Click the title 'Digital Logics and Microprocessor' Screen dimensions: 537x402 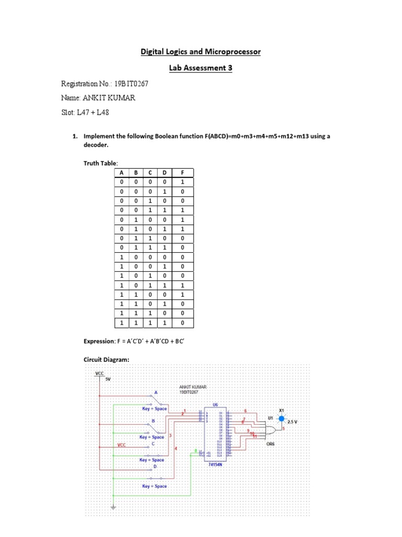tap(200, 52)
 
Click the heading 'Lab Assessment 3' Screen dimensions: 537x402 tap(200, 68)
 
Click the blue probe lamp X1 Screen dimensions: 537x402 tap(281, 419)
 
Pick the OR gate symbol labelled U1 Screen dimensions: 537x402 tap(273, 430)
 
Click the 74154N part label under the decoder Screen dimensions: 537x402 tap(216, 464)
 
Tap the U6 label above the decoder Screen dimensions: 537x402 tap(215, 405)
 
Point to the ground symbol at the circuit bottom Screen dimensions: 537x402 tap(113, 507)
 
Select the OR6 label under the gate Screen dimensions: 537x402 tap(271, 444)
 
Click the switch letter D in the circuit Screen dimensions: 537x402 tap(154, 466)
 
